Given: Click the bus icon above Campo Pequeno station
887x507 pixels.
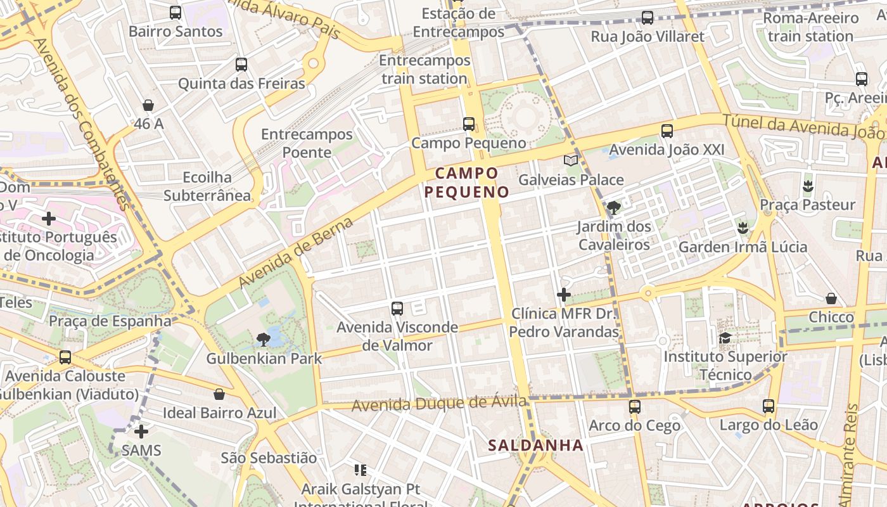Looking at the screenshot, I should tap(469, 124).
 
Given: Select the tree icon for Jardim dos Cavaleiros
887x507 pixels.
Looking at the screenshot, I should tap(613, 207).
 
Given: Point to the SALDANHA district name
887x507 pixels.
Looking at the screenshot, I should tap(535, 446).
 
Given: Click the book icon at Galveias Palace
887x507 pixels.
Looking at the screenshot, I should tap(571, 161).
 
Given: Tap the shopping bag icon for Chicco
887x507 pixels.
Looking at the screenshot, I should tap(831, 298).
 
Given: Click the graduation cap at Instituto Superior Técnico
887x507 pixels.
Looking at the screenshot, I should tap(725, 338).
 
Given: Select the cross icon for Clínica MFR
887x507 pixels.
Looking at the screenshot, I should tap(563, 295).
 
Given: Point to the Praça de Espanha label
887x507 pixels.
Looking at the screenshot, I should tap(110, 321).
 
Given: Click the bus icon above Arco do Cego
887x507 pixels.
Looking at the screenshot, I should tap(635, 406).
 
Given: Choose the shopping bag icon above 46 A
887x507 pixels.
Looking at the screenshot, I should tap(148, 105).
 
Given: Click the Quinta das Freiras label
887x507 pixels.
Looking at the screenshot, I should tap(241, 83).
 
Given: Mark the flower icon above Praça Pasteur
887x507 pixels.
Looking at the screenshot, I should tap(807, 186).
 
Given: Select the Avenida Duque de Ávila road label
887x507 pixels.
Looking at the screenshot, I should tap(439, 403).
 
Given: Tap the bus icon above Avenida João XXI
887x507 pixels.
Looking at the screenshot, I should tap(667, 131).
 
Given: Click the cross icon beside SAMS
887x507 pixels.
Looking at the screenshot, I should tap(141, 432).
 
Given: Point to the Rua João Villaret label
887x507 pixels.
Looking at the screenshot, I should tap(648, 36).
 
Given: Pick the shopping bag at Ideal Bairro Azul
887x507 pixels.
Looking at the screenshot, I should tap(219, 394).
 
